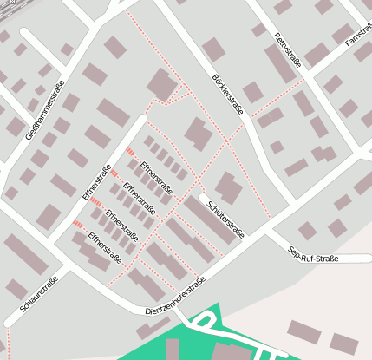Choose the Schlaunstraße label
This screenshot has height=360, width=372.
tap(38, 296)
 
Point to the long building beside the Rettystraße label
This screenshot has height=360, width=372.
tap(279, 63)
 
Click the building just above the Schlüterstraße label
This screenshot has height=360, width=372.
tap(228, 187)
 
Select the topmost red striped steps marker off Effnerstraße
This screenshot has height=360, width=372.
tap(130, 152)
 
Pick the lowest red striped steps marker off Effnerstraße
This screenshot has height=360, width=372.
tap(77, 224)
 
